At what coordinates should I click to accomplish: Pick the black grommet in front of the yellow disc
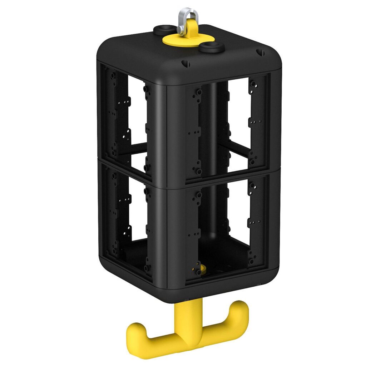tap(212, 47)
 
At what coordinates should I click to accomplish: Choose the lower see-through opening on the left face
tap(138, 211)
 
